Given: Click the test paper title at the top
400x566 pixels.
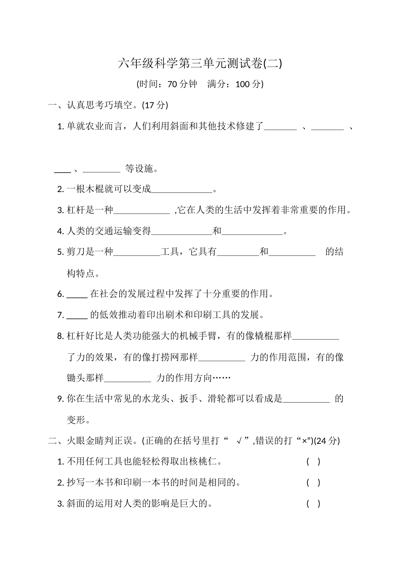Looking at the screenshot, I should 200,64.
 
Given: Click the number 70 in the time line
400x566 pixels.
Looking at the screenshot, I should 173,84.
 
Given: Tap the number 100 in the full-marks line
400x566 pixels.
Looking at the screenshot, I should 243,84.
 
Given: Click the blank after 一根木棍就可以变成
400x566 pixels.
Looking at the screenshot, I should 182,190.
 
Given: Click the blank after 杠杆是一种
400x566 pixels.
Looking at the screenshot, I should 141,210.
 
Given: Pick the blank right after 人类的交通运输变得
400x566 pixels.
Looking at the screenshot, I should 182,231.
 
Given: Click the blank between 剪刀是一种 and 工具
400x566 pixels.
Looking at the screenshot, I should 137,252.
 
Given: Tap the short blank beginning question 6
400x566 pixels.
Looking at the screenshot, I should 77,294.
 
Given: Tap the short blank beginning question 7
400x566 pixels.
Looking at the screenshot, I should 77,315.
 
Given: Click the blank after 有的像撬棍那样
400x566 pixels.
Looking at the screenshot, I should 315,336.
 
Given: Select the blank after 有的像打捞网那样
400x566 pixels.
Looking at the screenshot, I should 221,357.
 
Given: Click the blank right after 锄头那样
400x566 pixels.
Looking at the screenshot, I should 127,378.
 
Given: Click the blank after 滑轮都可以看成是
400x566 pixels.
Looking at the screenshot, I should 306,399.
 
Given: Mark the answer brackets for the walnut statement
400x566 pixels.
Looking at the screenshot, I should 313,462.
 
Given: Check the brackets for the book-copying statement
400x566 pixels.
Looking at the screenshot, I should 313,483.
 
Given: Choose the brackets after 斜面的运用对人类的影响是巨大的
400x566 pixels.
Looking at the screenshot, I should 313,504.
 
